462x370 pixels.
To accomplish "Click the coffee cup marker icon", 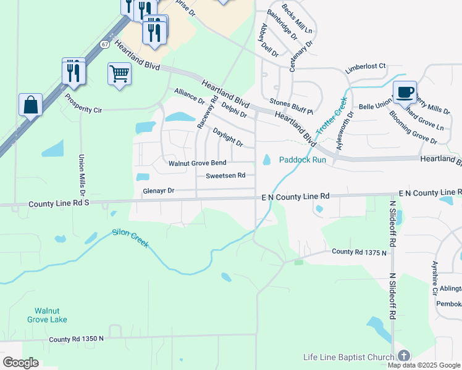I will [x=405, y=92].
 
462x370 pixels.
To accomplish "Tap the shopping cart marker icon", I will [x=119, y=74].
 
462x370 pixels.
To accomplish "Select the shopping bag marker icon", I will [x=30, y=105].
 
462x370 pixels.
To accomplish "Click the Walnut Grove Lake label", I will [x=51, y=315].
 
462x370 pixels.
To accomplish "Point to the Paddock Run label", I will [x=302, y=159].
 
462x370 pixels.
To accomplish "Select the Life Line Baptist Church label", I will [x=349, y=358].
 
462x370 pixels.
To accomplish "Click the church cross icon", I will [x=403, y=356].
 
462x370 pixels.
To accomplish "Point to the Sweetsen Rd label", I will [x=225, y=176].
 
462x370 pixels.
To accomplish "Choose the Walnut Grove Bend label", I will [x=198, y=163].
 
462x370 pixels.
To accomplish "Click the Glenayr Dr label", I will [x=159, y=191].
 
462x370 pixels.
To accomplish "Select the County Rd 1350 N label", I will [x=77, y=339].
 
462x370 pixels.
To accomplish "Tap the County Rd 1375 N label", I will [x=359, y=252].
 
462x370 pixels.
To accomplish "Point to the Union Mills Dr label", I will [x=81, y=172].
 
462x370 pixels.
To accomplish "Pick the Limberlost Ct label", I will [x=365, y=66].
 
